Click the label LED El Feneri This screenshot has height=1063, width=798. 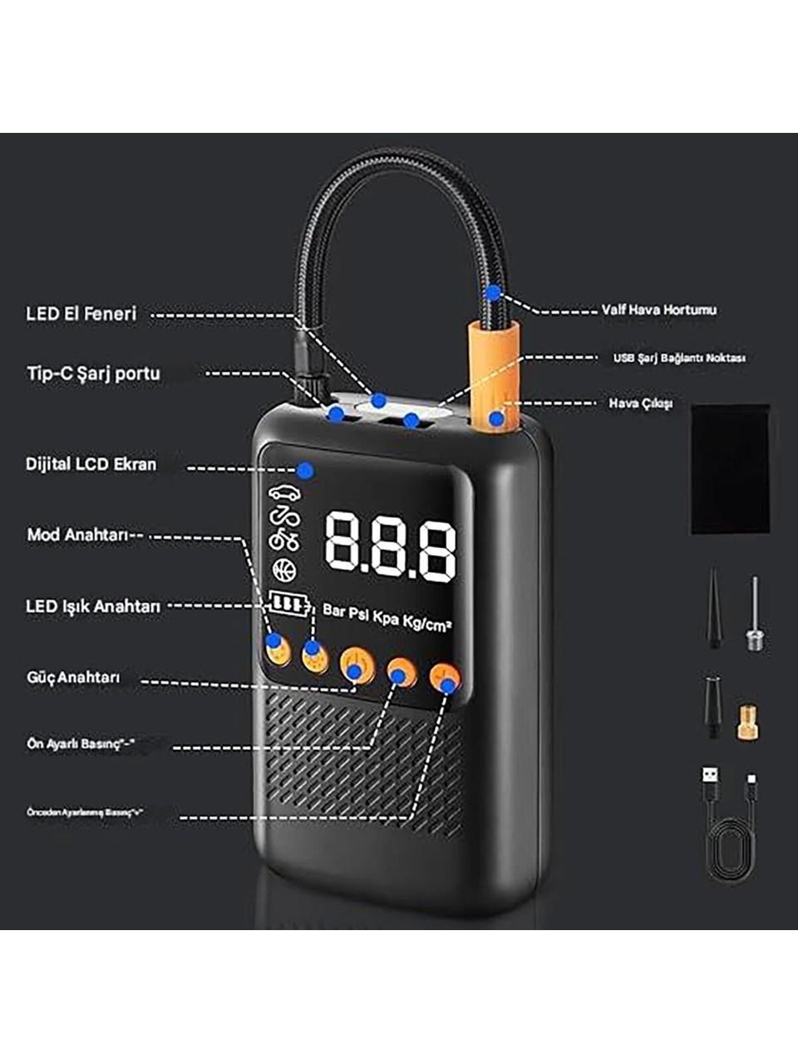(x=81, y=314)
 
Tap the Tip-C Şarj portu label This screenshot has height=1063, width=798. (x=93, y=374)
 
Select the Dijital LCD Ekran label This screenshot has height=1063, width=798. (x=91, y=464)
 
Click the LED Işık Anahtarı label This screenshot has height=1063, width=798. (x=92, y=606)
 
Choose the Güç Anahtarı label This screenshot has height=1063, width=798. (x=73, y=678)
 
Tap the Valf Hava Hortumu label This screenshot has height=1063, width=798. (x=658, y=310)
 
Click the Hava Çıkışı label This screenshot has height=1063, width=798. (x=640, y=404)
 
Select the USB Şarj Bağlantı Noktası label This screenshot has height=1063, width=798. (x=679, y=358)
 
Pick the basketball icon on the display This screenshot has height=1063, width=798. (x=283, y=570)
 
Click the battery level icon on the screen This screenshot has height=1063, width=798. (x=287, y=603)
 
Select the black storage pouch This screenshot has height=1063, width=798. (x=730, y=469)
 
